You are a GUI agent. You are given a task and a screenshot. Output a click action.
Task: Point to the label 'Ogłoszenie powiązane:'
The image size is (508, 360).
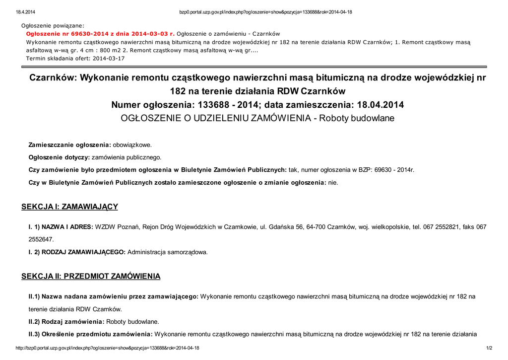pyautogui.click(x=53, y=25)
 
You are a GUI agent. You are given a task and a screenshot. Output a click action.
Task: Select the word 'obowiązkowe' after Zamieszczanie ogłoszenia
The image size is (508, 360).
pyautogui.click(x=132, y=145)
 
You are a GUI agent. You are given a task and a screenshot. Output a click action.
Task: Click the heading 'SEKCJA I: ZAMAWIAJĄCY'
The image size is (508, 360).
pyautogui.click(x=69, y=207)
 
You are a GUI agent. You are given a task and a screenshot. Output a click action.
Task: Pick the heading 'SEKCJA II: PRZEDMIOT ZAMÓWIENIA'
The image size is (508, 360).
pyautogui.click(x=91, y=276)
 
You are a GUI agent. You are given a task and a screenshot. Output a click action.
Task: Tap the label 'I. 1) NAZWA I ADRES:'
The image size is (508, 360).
pyautogui.click(x=61, y=227)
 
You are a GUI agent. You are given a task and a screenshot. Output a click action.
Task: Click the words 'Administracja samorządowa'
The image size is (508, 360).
pyautogui.click(x=167, y=252)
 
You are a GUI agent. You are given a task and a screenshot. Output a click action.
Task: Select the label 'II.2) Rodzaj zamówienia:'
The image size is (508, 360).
pyautogui.click(x=66, y=321)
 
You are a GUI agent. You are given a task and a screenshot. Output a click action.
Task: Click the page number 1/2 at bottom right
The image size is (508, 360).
pyautogui.click(x=489, y=348)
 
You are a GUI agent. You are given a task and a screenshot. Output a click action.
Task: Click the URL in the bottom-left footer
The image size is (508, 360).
pyautogui.click(x=108, y=348)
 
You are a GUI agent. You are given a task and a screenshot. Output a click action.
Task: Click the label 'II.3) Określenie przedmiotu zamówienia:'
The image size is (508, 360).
pyautogui.click(x=90, y=334)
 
